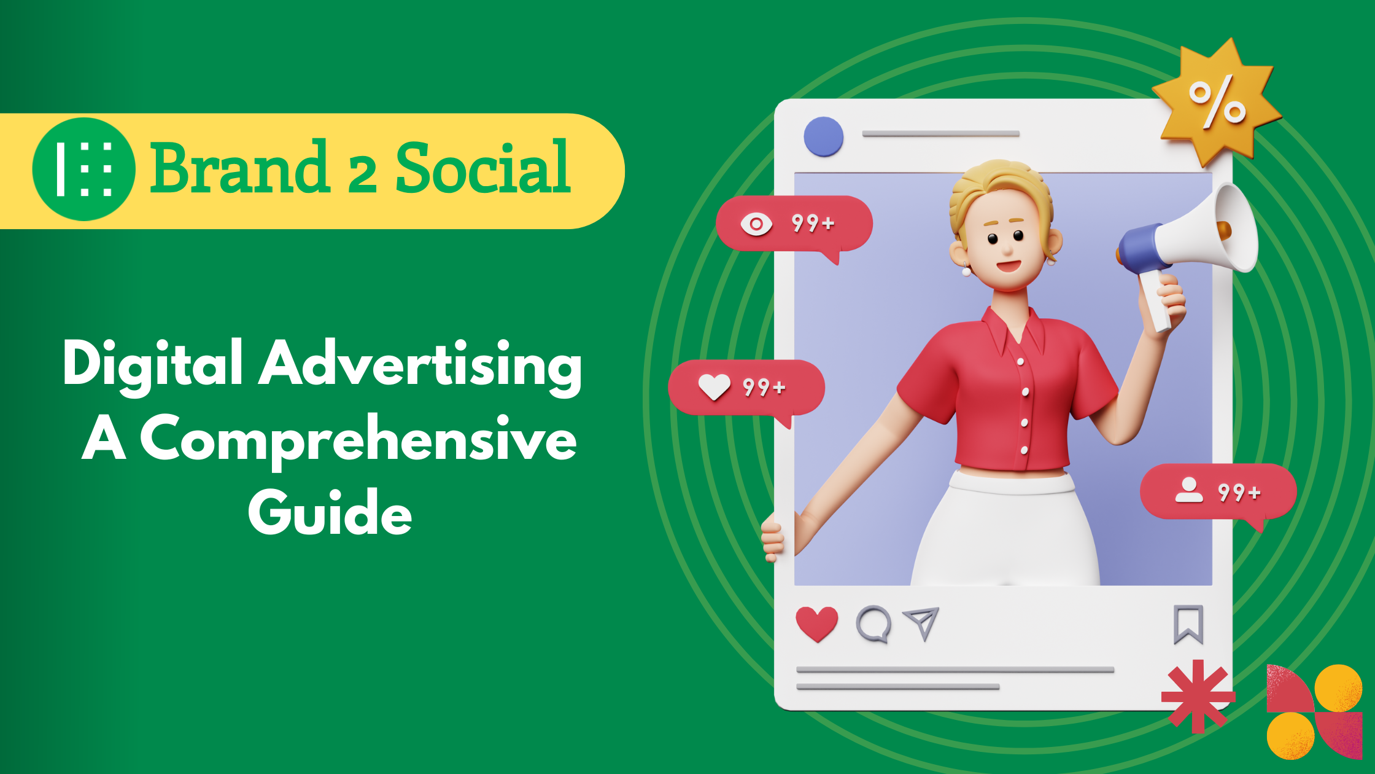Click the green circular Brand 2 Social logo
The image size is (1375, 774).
[83, 170]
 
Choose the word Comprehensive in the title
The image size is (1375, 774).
[358, 439]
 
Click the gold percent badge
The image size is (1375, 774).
[1216, 103]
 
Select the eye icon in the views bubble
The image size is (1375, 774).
[756, 224]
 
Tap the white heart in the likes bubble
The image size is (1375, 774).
[715, 387]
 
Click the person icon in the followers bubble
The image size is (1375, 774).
[1189, 490]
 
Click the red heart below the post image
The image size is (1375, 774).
[817, 623]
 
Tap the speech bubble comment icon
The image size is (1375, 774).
[873, 624]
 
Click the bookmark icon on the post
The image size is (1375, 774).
[1188, 624]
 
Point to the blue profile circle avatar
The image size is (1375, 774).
[824, 136]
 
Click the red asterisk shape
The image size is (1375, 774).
[1198, 696]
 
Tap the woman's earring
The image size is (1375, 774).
[966, 270]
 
